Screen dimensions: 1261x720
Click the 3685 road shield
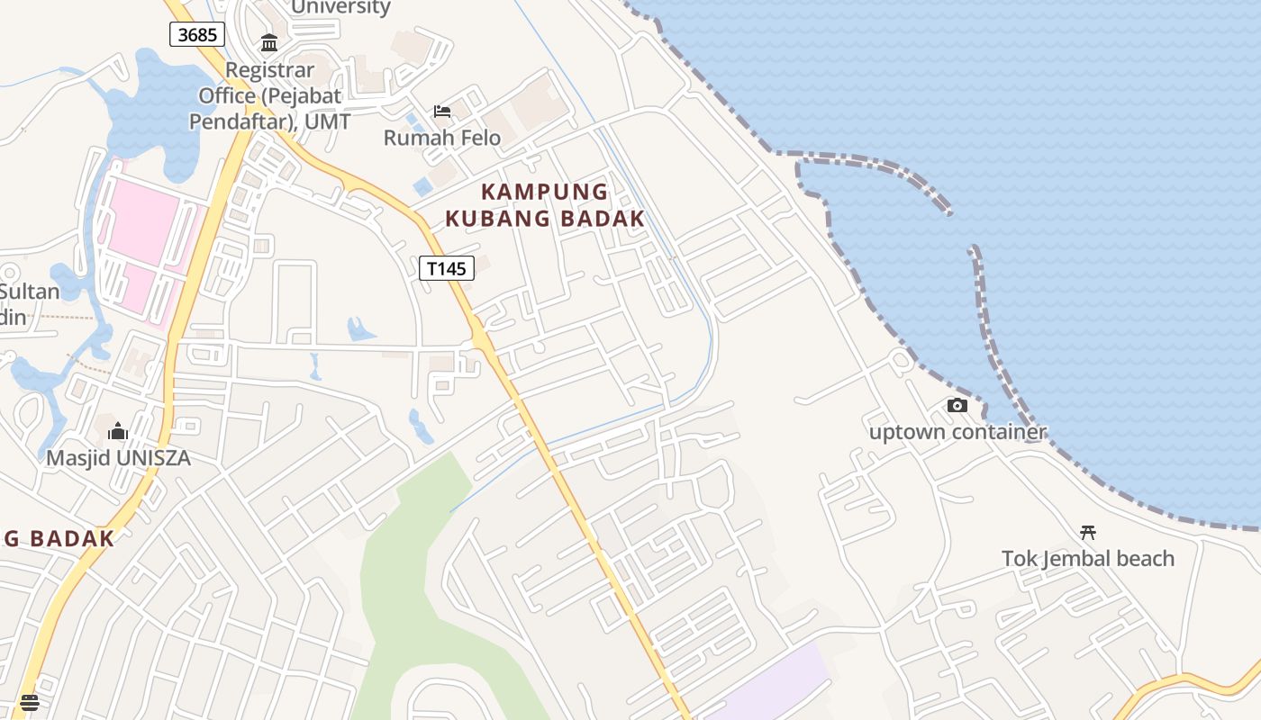click(197, 34)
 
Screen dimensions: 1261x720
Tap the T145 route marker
click(446, 267)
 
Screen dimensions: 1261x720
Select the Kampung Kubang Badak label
click(545, 205)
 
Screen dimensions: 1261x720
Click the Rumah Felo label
click(441, 138)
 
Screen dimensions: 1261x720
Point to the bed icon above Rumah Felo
click(441, 112)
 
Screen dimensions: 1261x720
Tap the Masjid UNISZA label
click(118, 457)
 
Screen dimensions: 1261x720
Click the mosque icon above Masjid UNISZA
click(118, 432)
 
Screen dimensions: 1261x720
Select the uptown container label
click(957, 431)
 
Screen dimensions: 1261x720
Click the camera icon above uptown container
click(957, 406)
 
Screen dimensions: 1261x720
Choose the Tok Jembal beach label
click(1087, 558)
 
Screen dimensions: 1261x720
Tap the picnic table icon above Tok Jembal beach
click(1087, 532)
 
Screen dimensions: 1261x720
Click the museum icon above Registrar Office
click(268, 42)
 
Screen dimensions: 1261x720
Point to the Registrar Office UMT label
click(270, 95)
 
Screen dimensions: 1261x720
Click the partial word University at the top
click(340, 7)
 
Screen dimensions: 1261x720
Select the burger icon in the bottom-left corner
click(30, 702)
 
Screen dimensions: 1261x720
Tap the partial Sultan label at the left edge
click(29, 292)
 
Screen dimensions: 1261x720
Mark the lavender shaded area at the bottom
click(775, 684)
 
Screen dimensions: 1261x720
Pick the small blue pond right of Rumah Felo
click(422, 186)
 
